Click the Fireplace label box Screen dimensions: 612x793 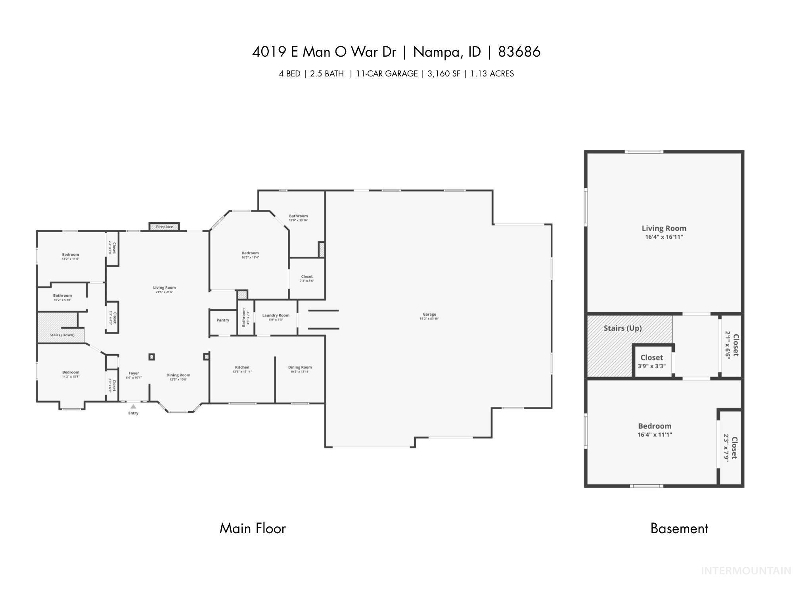click(164, 227)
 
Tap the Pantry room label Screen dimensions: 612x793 click(223, 320)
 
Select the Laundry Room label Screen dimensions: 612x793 click(276, 316)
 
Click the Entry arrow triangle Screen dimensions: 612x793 click(133, 406)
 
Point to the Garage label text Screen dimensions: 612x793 click(429, 315)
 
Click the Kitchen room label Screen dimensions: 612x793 click(242, 368)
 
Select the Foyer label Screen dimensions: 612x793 click(134, 374)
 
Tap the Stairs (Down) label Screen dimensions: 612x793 click(62, 335)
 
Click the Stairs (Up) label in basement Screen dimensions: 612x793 click(623, 328)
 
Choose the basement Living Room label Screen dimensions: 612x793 click(664, 229)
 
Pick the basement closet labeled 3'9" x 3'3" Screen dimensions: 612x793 click(651, 361)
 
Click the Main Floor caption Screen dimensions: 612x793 click(253, 528)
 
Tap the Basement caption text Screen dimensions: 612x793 click(679, 528)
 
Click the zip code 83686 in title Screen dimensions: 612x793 click(519, 52)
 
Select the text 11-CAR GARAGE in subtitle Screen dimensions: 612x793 click(387, 74)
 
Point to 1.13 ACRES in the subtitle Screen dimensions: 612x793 click(492, 74)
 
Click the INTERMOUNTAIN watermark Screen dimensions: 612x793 click(745, 571)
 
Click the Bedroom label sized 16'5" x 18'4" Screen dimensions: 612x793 click(250, 254)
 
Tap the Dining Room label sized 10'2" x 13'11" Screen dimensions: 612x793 click(300, 368)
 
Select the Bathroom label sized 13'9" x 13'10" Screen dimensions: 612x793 click(298, 216)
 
